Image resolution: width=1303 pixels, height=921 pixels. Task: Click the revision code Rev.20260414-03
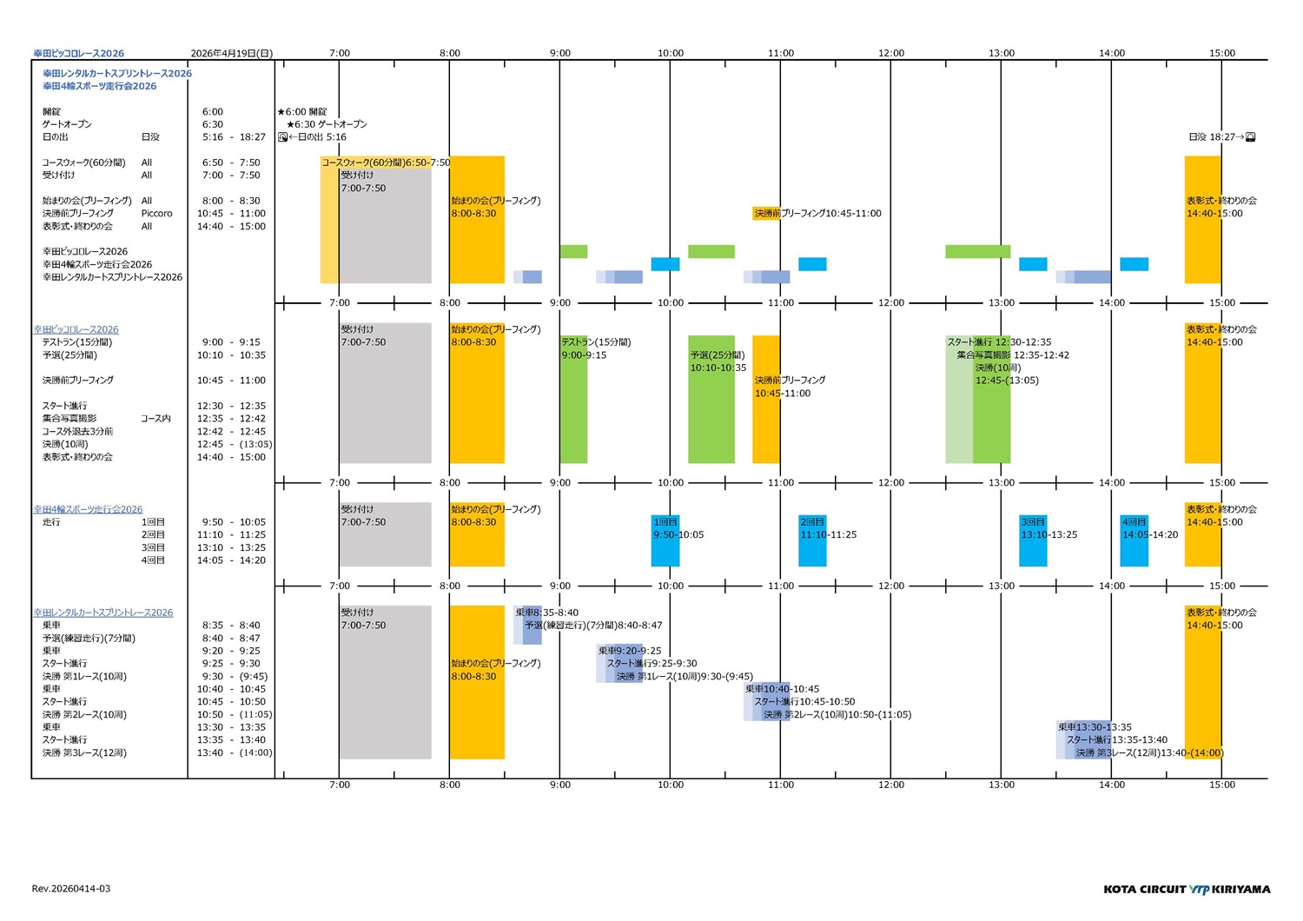(70, 889)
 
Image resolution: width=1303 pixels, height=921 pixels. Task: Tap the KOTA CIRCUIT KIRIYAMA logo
(1187, 889)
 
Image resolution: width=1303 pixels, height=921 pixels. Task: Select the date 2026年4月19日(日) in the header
(231, 53)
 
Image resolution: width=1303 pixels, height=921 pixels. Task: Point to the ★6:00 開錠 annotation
(302, 112)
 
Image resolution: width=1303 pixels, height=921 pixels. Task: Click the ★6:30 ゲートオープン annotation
(327, 124)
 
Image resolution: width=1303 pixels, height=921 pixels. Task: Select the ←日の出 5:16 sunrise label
(317, 137)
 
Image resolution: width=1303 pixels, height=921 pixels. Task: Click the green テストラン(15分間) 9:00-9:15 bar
(573, 400)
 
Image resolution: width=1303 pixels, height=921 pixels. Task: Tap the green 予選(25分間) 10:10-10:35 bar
(711, 400)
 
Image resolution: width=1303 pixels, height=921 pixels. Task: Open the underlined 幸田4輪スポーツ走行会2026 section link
(88, 509)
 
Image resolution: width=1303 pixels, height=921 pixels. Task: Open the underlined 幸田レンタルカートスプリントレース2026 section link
(103, 613)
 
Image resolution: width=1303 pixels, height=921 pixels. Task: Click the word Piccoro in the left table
(156, 214)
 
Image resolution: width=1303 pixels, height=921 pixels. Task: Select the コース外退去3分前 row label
(77, 432)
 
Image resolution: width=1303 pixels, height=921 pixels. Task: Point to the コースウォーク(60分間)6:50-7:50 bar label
(386, 162)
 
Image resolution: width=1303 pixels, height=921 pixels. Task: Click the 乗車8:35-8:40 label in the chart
(546, 613)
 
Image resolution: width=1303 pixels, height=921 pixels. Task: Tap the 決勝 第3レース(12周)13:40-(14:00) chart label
(1149, 753)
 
